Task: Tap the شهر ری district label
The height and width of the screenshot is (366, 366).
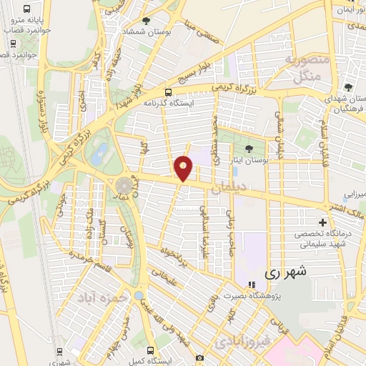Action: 285,272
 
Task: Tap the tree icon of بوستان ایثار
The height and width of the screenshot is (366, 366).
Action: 248,149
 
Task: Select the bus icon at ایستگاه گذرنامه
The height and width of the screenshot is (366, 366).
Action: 169,92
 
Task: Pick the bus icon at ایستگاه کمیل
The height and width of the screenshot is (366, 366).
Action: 151,350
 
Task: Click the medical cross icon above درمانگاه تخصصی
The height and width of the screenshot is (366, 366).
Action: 322,222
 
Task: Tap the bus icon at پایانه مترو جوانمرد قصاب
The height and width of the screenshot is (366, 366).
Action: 26,11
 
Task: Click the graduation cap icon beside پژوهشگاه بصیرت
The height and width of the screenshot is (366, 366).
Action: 250,285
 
